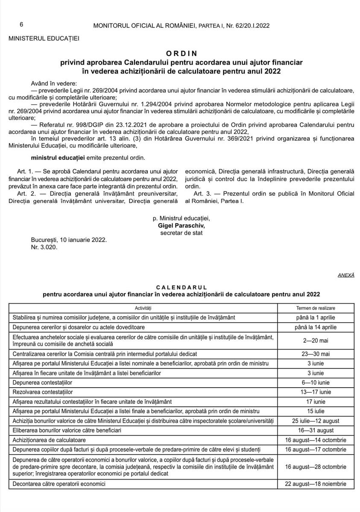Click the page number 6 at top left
click(21, 25)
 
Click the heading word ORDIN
click(181, 53)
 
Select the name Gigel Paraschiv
click(181, 225)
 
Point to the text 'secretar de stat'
click(181, 233)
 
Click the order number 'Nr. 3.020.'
click(44, 247)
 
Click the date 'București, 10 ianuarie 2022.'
click(69, 240)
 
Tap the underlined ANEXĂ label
click(346, 275)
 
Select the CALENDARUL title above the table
click(181, 287)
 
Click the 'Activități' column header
click(143, 308)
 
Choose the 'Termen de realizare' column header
click(316, 308)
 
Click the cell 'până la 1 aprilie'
click(316, 317)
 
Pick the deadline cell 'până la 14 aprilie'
click(316, 327)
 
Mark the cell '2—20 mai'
click(316, 341)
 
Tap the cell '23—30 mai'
click(316, 354)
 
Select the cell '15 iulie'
click(316, 411)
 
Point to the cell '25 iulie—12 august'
click(316, 421)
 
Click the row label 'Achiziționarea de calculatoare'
click(50, 440)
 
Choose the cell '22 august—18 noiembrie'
click(316, 484)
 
